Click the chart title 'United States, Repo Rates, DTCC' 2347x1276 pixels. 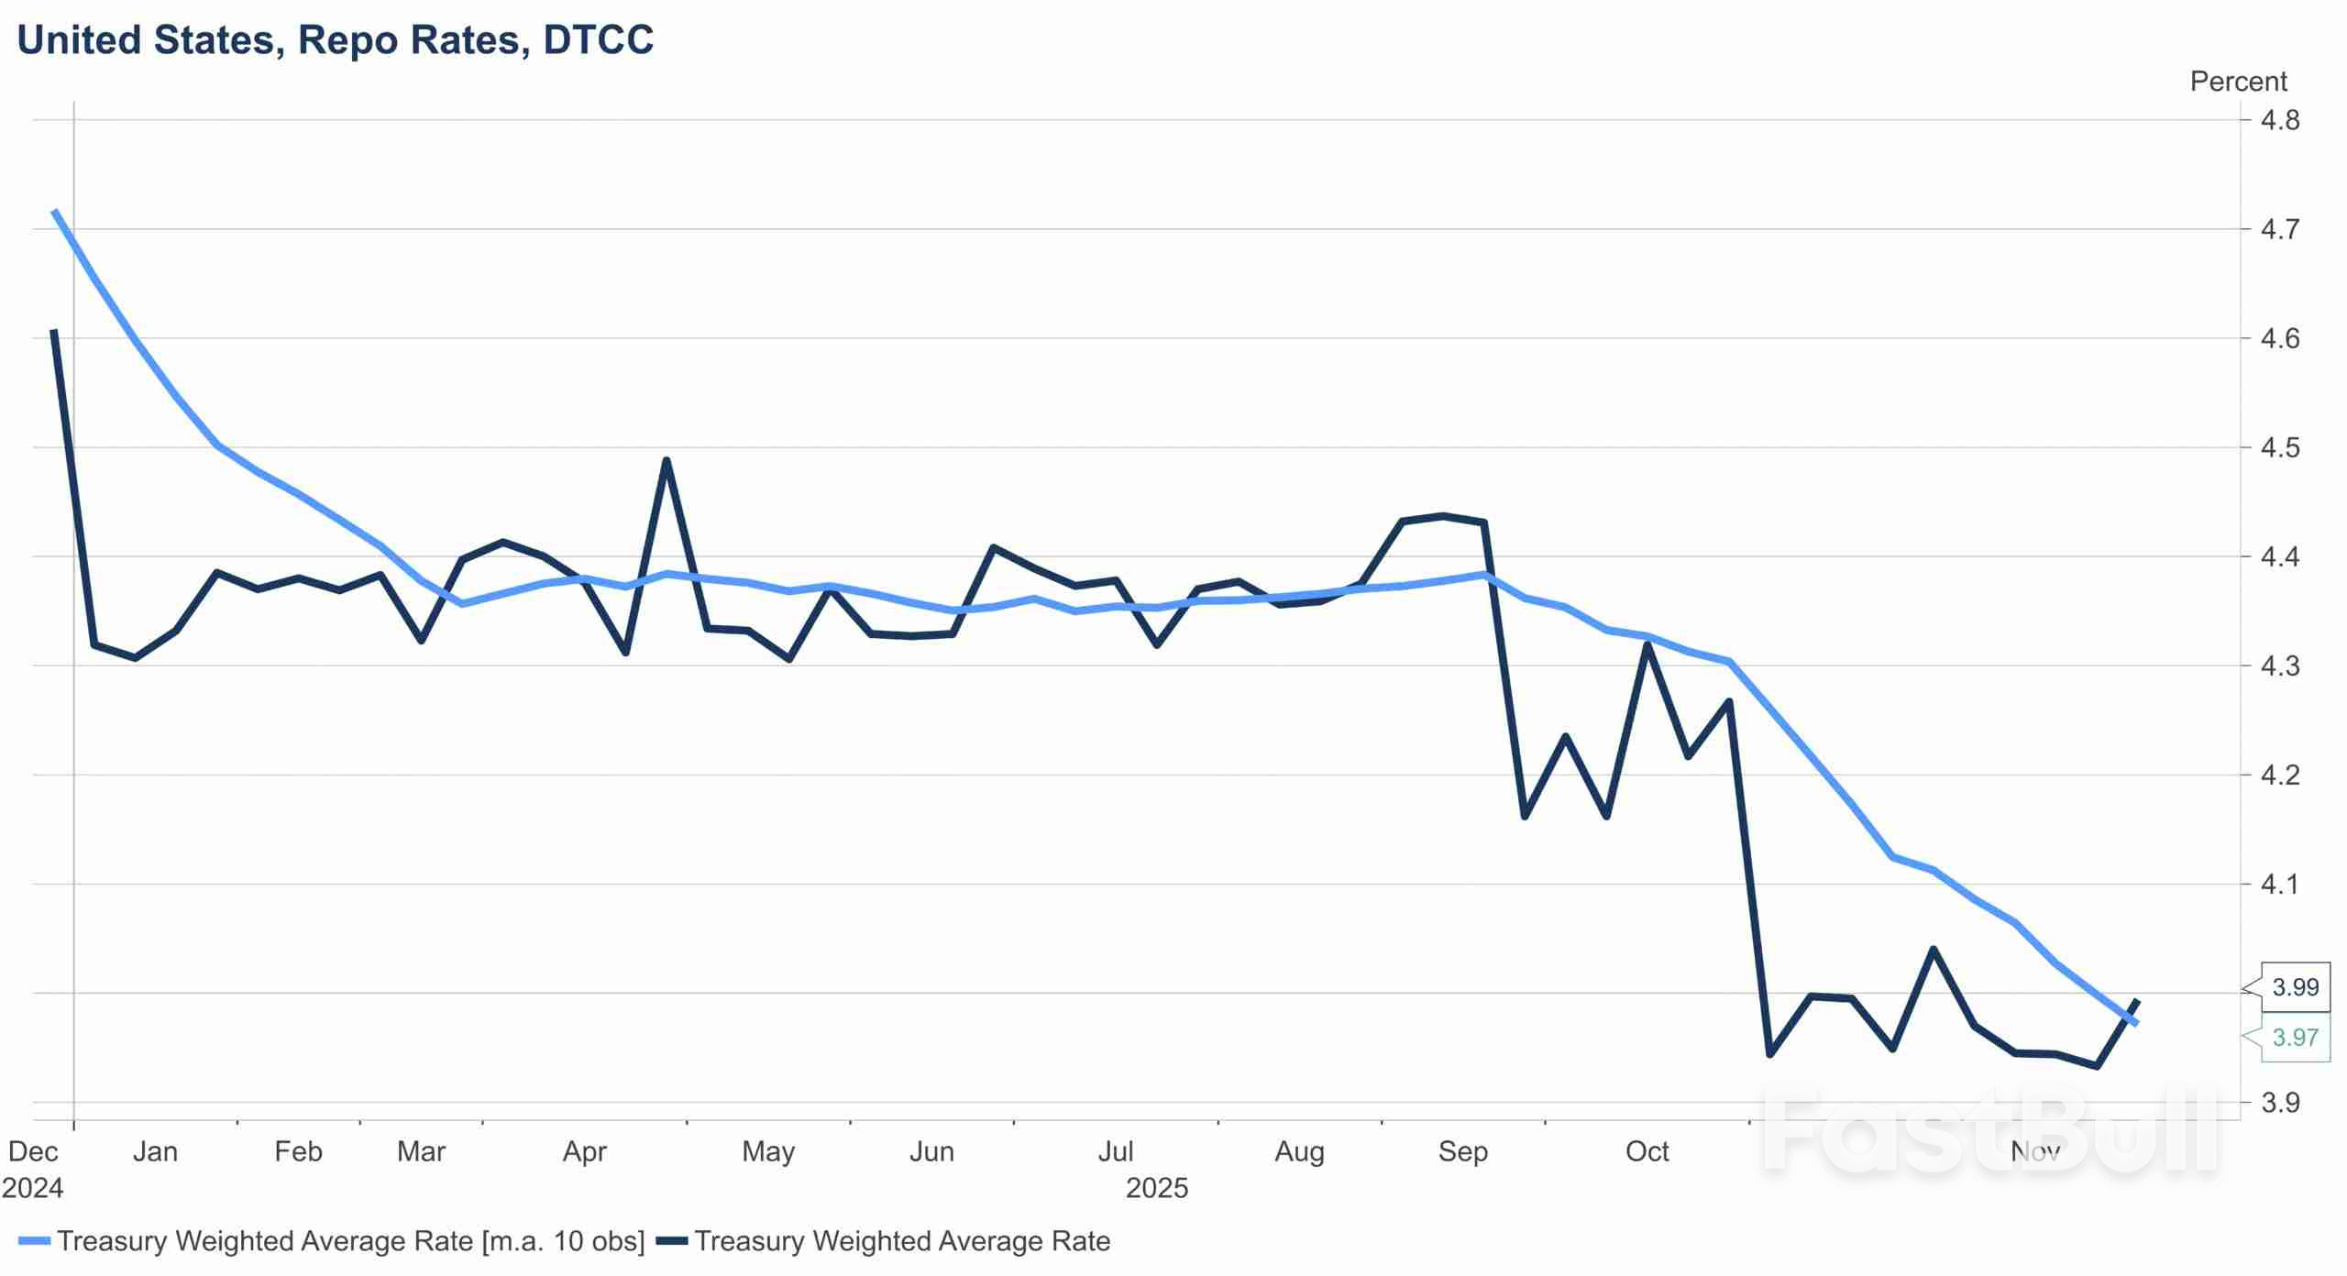pos(336,40)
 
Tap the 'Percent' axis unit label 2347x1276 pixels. pos(2238,82)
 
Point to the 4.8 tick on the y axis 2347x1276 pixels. pos(2279,120)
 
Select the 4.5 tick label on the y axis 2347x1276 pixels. pos(2279,447)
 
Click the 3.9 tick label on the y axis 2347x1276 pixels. pos(2279,1103)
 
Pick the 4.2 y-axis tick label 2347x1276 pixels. pos(2279,775)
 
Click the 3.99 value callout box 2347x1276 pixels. pos(2295,987)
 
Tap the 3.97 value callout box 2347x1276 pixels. pos(2295,1038)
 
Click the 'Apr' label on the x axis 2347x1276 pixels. pos(584,1151)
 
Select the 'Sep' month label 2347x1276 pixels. pos(1462,1151)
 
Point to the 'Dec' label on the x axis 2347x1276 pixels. pos(33,1151)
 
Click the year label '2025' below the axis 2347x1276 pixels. pos(1156,1188)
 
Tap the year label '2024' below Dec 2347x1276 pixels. pos(33,1188)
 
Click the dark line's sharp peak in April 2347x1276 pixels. pos(667,460)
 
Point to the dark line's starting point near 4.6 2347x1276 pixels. pos(55,332)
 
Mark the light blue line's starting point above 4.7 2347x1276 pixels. pos(55,212)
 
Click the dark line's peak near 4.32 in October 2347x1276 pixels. pos(1647,644)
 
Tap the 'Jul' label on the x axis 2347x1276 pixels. pos(1115,1151)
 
